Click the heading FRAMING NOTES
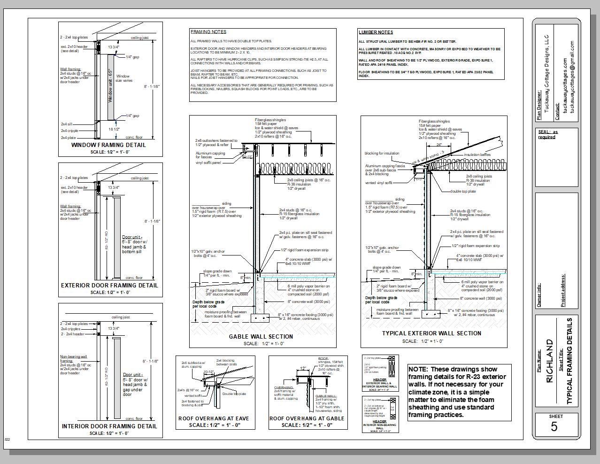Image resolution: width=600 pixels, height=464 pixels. point(208,32)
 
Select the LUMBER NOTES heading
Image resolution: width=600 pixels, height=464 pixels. point(376,32)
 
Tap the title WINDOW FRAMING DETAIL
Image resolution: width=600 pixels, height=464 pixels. point(108,145)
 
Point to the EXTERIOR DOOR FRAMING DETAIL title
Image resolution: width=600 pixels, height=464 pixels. point(109,286)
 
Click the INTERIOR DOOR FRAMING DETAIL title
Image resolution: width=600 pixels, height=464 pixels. point(109,426)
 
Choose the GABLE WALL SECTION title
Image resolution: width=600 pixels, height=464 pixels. point(261,337)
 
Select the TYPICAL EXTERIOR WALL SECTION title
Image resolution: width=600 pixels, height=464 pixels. point(431,333)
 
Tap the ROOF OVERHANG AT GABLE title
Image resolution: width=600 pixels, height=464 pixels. point(307,418)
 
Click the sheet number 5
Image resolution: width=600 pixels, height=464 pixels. point(554,426)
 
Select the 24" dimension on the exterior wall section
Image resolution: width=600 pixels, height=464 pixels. point(438,145)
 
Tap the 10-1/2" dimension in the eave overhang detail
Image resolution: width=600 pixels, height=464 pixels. point(209,372)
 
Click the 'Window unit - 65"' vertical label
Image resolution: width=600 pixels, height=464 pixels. point(110,86)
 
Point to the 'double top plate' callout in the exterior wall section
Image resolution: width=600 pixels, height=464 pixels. point(463,191)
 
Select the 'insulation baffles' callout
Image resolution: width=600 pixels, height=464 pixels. point(477,155)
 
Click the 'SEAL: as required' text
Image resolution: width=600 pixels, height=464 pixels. point(548,134)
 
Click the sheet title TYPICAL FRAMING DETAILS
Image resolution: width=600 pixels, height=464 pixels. point(569,361)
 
